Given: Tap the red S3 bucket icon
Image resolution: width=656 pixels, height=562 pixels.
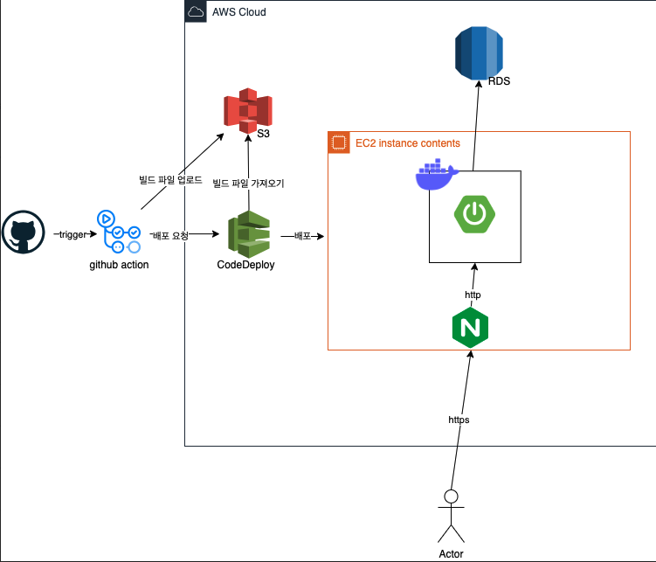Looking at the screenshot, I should pyautogui.click(x=247, y=112).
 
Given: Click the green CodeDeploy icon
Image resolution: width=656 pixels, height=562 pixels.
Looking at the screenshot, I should pyautogui.click(x=248, y=233).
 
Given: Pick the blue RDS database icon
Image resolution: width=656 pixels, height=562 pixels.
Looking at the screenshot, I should pyautogui.click(x=480, y=52).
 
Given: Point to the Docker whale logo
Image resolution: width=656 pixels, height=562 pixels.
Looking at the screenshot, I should pyautogui.click(x=435, y=175).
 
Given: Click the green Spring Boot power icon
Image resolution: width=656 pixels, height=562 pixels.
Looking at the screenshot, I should pyautogui.click(x=474, y=215).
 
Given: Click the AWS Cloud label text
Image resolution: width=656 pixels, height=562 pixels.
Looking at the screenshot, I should pyautogui.click(x=238, y=12).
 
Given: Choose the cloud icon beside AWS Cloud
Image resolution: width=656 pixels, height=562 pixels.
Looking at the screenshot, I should pyautogui.click(x=197, y=12).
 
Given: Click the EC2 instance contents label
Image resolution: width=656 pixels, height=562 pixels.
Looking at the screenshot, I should pyautogui.click(x=407, y=142).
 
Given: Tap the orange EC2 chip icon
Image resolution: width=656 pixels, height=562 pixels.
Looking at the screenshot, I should pyautogui.click(x=338, y=142).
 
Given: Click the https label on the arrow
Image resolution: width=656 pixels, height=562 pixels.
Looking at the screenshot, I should pyautogui.click(x=459, y=420).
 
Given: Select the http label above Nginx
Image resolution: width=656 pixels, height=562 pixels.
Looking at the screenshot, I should pyautogui.click(x=472, y=295).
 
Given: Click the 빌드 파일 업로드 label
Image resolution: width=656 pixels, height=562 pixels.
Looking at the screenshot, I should pyautogui.click(x=170, y=180).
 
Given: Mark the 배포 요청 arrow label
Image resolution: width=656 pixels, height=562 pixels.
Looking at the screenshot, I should pyautogui.click(x=169, y=235).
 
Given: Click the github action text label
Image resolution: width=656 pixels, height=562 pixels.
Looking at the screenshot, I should pyautogui.click(x=119, y=265).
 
